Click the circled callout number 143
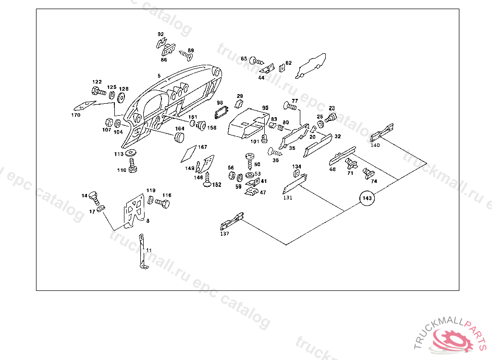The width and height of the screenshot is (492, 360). pyautogui.click(x=367, y=198)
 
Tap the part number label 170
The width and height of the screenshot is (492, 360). pyautogui.click(x=76, y=115)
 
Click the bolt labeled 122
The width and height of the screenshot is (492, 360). pyautogui.click(x=98, y=90)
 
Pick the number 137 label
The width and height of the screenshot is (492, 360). pyautogui.click(x=224, y=234)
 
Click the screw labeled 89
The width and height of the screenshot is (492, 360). pyautogui.click(x=186, y=56)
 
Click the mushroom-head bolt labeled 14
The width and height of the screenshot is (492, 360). pyautogui.click(x=95, y=196)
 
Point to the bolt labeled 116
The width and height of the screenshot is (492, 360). pyautogui.click(x=163, y=204)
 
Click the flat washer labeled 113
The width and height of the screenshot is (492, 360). pyautogui.click(x=131, y=154)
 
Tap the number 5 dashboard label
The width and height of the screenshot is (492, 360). pyautogui.click(x=159, y=76)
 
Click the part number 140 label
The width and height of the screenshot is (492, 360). pyautogui.click(x=375, y=144)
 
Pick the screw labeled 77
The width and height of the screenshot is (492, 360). pyautogui.click(x=290, y=105)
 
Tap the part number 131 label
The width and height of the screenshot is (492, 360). pyautogui.click(x=287, y=197)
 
